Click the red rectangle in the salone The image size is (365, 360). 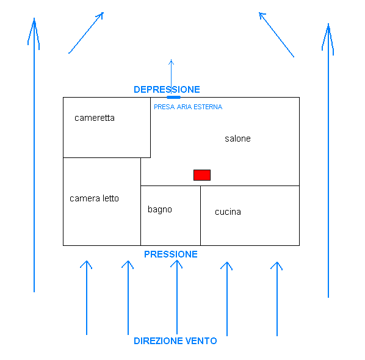tap(202, 175)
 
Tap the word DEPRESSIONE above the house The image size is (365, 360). tap(167, 90)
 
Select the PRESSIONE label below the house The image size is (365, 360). tap(171, 254)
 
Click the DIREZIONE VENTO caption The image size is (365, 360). tap(175, 341)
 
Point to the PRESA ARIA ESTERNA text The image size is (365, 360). tap(188, 107)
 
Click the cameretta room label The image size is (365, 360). tap(95, 118)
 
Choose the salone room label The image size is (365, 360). tap(237, 139)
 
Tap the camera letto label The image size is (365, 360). tap(94, 198)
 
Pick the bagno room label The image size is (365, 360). tap(160, 210)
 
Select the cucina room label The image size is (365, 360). tap(228, 212)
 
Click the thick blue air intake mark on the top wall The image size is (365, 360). tap(174, 97)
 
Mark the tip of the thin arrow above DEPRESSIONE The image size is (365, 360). tap(171, 60)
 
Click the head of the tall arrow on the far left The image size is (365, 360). tap(34, 19)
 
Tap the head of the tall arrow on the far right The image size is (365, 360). tap(328, 24)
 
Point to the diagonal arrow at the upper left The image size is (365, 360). tap(86, 33)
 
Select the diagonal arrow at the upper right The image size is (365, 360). tap(276, 35)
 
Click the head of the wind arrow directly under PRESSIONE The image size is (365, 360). tap(176, 261)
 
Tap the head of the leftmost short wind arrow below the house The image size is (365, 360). tap(86, 261)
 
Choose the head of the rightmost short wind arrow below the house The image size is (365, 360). tap(277, 262)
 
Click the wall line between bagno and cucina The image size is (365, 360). tap(200, 215)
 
